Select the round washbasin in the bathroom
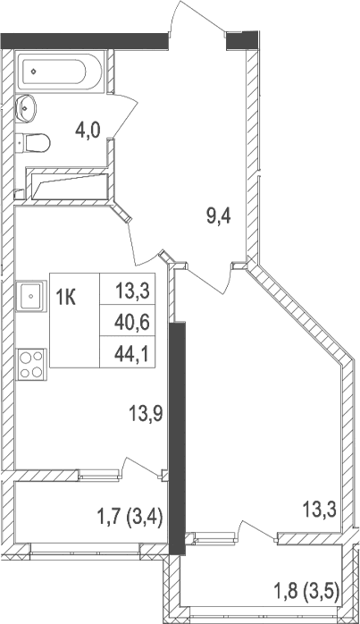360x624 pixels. (27, 108)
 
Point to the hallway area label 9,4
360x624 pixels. (219, 215)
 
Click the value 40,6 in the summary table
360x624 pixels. (131, 320)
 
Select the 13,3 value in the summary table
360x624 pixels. (131, 289)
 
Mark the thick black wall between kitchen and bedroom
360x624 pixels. (178, 429)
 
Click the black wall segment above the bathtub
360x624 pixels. (85, 38)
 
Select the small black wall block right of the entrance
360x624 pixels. (241, 38)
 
